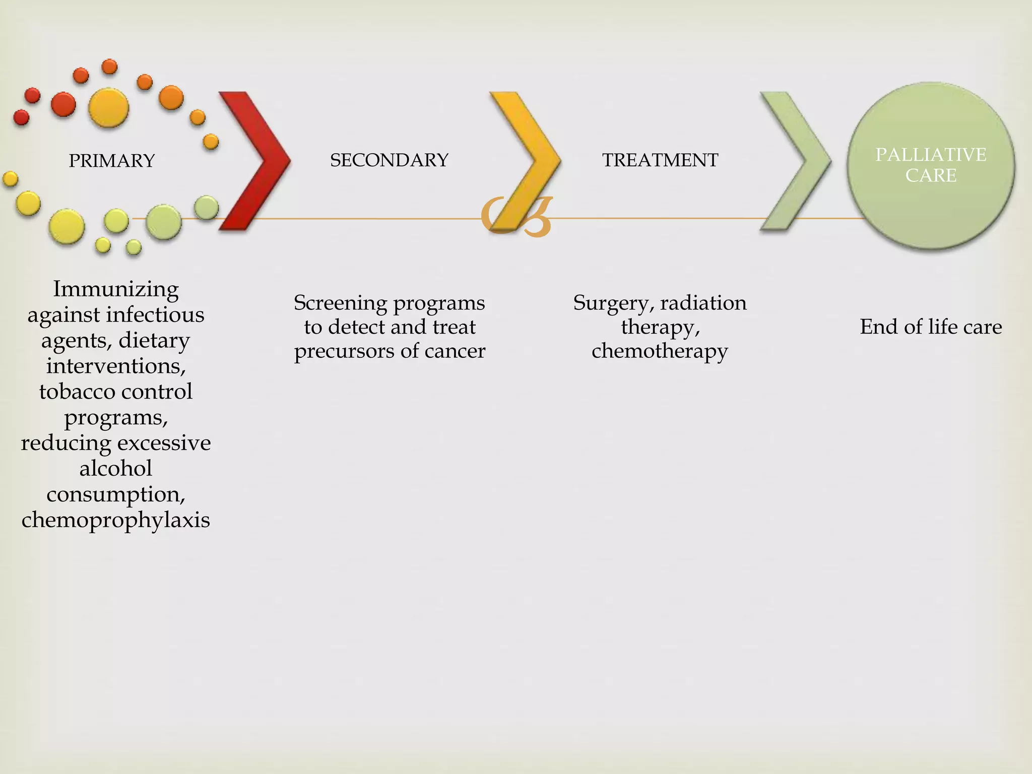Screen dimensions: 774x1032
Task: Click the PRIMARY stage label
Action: [111, 161]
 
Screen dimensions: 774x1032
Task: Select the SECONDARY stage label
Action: [389, 160]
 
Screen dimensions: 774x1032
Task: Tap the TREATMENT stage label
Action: [660, 160]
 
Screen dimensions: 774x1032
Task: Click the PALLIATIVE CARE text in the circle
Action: [931, 165]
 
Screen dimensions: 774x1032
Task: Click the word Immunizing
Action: [116, 289]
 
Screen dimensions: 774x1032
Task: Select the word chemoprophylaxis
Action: [116, 520]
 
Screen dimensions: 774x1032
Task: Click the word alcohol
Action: [116, 469]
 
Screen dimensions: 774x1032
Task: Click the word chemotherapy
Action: [660, 351]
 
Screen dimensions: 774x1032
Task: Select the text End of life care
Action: [931, 327]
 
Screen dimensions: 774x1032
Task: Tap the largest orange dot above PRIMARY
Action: [108, 107]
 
